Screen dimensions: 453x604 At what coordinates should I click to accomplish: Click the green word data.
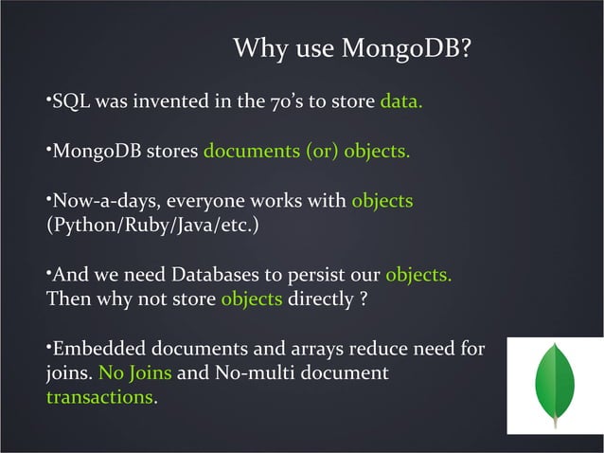coord(400,101)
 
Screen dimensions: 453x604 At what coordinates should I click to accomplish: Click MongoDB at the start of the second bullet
coord(93,152)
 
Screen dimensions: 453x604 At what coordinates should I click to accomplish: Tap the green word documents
coord(250,152)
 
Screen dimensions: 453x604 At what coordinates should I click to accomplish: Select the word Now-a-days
coord(99,202)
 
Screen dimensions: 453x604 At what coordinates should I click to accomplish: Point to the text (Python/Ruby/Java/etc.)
coord(151,226)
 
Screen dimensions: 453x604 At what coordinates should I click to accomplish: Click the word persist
coord(316,276)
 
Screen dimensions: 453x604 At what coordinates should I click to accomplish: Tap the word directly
coord(321,300)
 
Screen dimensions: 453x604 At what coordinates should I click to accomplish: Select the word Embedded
coord(98,350)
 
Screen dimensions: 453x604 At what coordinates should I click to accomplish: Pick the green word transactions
coord(99,399)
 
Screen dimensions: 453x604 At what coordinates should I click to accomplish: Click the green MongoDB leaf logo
coord(555,385)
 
